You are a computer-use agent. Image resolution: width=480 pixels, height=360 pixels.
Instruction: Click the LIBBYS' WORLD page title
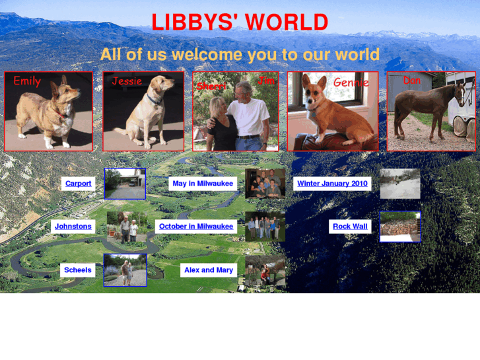coord(240,22)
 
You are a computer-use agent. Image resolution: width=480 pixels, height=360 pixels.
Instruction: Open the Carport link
coord(79,184)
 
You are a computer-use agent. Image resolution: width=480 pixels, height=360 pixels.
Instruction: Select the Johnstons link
coord(73,227)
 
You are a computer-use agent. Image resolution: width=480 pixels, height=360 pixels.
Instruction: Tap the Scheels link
coord(78,270)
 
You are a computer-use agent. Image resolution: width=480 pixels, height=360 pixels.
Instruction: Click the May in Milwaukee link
coord(203,184)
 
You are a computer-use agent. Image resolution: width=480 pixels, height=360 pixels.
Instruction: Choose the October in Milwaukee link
coord(196,227)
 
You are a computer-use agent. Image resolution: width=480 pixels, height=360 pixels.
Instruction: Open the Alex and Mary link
coord(209,270)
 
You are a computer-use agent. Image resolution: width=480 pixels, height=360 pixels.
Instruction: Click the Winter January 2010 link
coord(332,184)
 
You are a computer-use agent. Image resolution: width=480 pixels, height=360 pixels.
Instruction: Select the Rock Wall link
coord(350,227)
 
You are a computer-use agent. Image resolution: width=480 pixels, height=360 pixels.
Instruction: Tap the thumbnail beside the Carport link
coord(125,184)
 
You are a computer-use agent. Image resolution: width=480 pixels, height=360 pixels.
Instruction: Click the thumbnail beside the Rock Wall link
coord(400,227)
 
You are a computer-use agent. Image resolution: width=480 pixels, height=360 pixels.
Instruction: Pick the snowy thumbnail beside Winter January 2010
coord(400,184)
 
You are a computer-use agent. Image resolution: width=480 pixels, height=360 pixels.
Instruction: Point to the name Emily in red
coord(27,81)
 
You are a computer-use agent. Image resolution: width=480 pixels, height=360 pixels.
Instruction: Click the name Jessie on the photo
coord(127,81)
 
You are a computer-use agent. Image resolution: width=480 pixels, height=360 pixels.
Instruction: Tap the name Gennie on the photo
coord(351,83)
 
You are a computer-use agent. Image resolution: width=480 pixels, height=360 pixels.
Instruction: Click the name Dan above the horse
coord(411,80)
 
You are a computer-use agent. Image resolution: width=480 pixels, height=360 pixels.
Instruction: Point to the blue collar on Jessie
coord(154,100)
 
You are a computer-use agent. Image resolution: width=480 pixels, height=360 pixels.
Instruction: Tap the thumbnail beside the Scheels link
coord(125,270)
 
